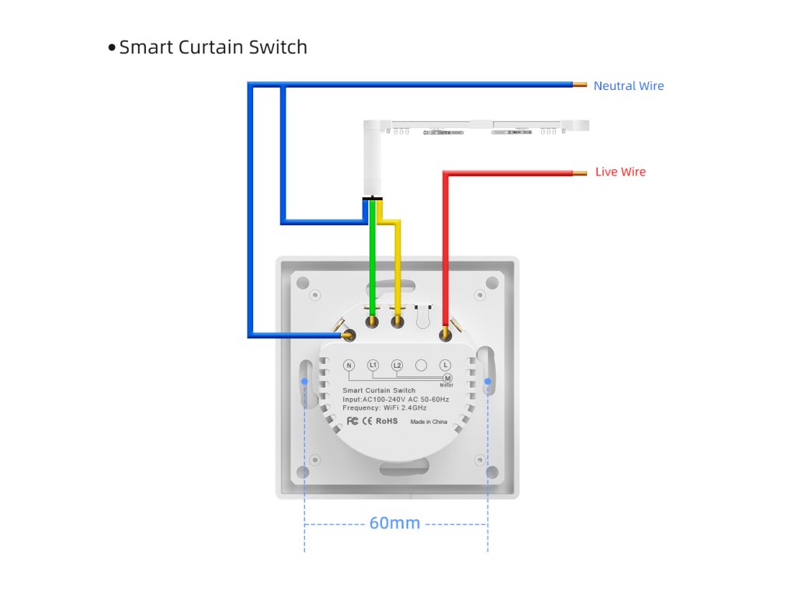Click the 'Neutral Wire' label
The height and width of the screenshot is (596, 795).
pyautogui.click(x=628, y=86)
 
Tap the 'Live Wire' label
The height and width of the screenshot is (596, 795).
pyautogui.click(x=620, y=172)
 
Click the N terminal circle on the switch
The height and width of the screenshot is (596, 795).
pyautogui.click(x=349, y=365)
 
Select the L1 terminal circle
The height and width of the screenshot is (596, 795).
pyautogui.click(x=373, y=365)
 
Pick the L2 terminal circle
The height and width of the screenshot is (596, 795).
pyautogui.click(x=397, y=365)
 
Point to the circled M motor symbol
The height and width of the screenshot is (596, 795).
pyautogui.click(x=447, y=377)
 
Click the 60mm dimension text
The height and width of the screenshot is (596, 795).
pyautogui.click(x=394, y=523)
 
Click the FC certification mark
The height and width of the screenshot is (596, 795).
pyautogui.click(x=352, y=421)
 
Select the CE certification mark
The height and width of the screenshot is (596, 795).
pyautogui.click(x=367, y=421)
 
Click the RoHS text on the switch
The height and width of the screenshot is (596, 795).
pyautogui.click(x=387, y=421)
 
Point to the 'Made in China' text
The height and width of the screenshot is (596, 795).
pyautogui.click(x=429, y=422)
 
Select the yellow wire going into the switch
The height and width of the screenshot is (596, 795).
pyautogui.click(x=397, y=264)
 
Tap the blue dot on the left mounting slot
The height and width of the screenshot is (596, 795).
pyautogui.click(x=304, y=382)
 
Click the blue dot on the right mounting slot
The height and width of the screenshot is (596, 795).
pyautogui.click(x=488, y=382)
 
